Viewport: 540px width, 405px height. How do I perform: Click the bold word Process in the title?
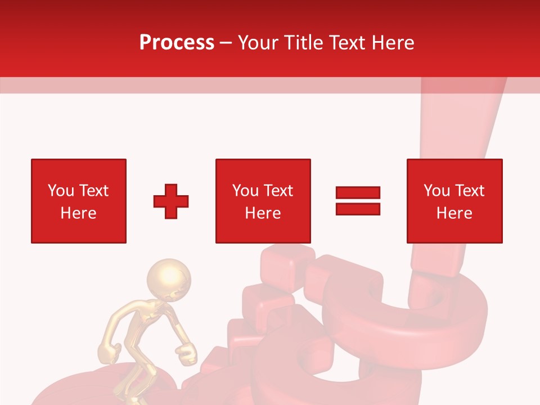177,42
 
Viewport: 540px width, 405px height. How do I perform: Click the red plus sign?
171,201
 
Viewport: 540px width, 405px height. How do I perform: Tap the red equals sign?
358,201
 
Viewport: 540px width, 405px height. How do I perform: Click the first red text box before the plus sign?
79,201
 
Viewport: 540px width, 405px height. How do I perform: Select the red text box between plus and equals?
263,201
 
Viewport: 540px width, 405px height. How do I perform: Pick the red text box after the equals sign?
454,201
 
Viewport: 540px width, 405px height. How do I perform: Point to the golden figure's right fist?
186,354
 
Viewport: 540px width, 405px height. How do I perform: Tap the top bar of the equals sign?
358,193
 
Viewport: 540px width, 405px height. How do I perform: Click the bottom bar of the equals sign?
358,209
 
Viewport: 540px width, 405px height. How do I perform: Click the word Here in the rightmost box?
454,213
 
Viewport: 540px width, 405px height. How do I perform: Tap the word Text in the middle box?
278,191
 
